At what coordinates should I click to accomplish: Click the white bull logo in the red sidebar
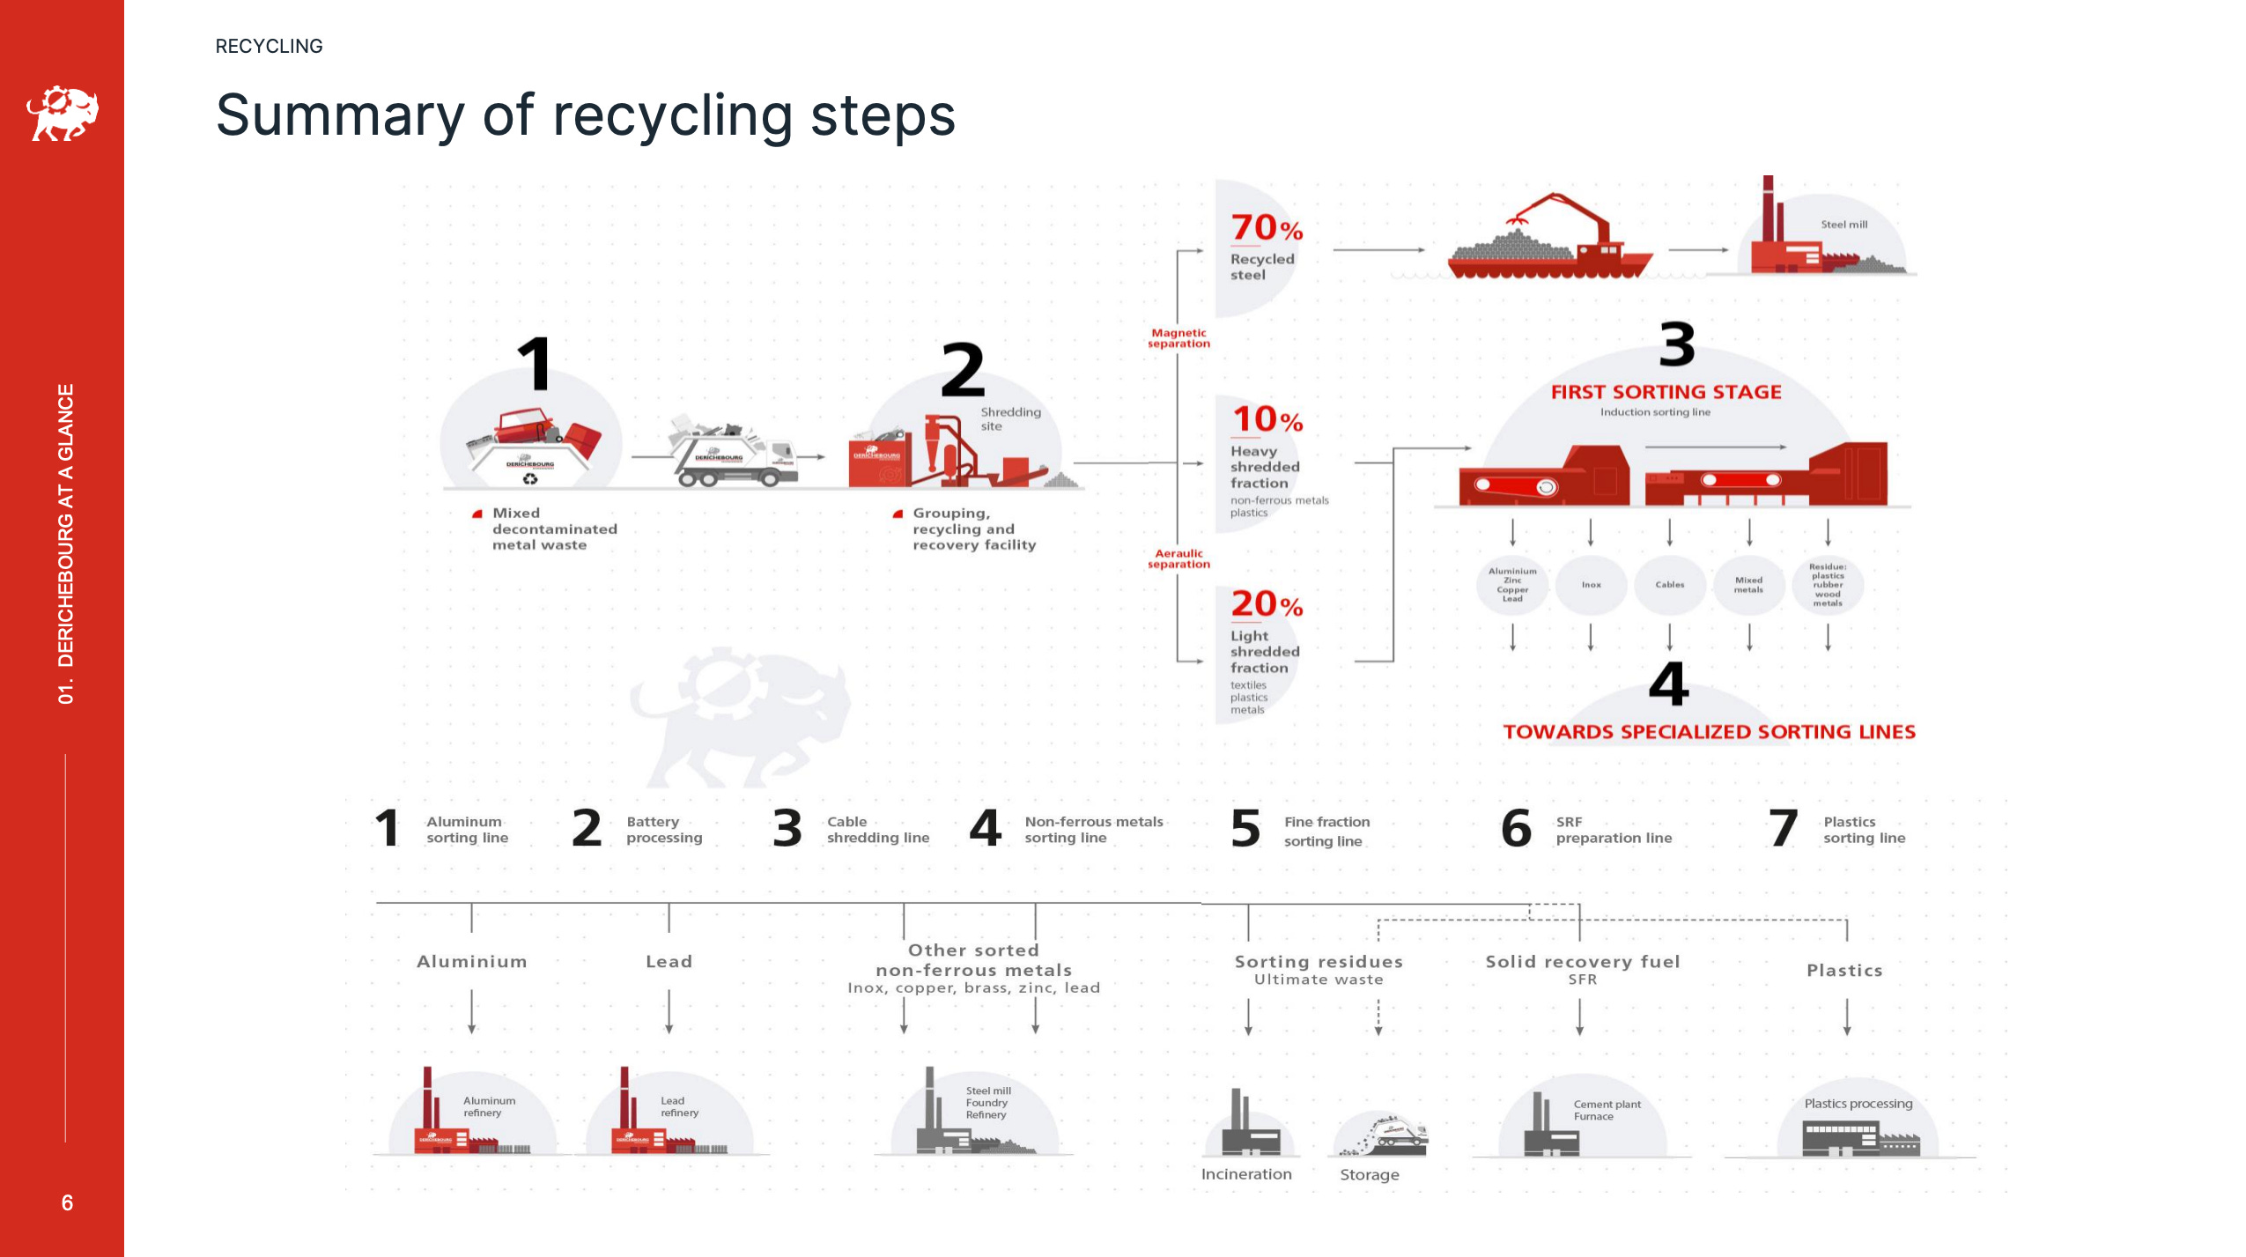63,113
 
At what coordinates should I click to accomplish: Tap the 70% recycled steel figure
1266,229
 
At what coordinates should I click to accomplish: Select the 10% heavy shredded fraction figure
1266,420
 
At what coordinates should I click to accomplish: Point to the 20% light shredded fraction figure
1266,605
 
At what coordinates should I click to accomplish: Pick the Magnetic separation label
1178,338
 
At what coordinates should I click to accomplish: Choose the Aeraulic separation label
1178,558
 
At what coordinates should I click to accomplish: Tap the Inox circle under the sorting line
1591,585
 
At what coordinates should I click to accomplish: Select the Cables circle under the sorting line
1669,585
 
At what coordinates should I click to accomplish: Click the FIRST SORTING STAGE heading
1666,392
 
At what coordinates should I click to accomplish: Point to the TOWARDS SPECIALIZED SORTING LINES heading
1709,732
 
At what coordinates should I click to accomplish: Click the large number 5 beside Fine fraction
1245,829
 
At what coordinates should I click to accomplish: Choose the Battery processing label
664,830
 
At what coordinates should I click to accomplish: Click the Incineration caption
1246,1174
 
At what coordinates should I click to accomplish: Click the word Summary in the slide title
340,116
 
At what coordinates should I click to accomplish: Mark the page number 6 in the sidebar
67,1202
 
